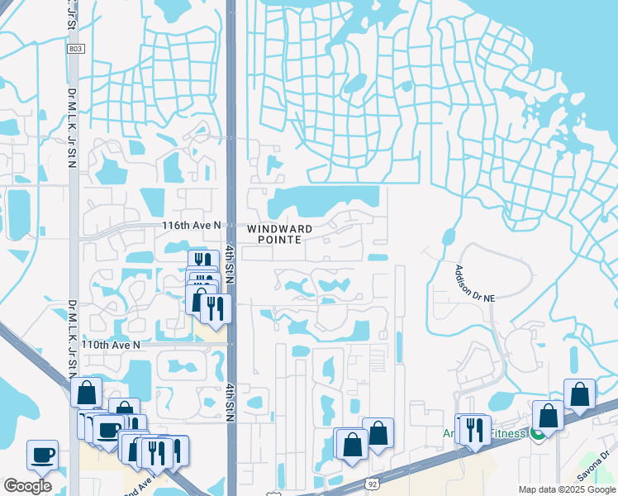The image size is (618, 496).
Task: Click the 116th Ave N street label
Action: [193, 225]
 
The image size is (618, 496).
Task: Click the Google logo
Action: [27, 486]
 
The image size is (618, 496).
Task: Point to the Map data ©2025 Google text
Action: [567, 489]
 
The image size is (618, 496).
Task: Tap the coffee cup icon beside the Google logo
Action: [42, 454]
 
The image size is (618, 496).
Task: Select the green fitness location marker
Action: [537, 432]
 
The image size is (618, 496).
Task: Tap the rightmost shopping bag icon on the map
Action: [579, 393]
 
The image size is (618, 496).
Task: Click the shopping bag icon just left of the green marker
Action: [548, 415]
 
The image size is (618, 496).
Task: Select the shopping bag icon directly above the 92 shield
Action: [378, 432]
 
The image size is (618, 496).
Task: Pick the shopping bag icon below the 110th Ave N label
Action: [87, 392]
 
